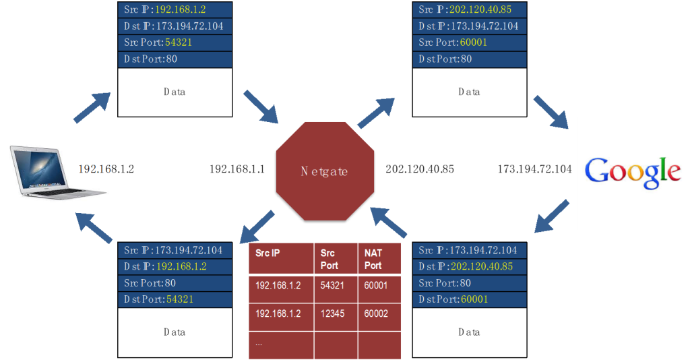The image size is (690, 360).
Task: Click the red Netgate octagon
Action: pyautogui.click(x=324, y=171)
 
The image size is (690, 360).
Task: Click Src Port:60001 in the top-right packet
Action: pyautogui.click(x=470, y=42)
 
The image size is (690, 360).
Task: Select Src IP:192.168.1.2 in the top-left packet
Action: pyautogui.click(x=175, y=10)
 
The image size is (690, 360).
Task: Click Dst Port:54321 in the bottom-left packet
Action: pyautogui.click(x=175, y=299)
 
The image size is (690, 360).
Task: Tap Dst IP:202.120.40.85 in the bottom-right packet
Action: pyautogui.click(x=470, y=266)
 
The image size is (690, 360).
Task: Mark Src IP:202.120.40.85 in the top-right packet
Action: pyautogui.click(x=470, y=10)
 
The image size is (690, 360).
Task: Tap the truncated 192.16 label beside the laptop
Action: pyautogui.click(x=94, y=169)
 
